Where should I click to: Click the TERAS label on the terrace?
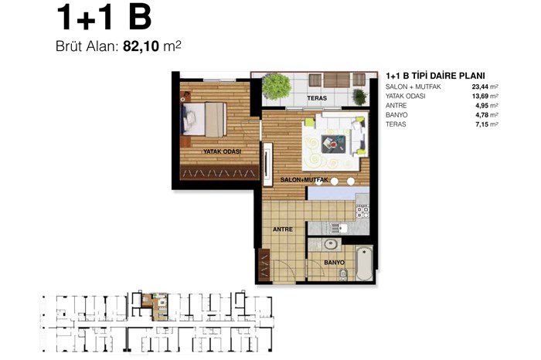317,98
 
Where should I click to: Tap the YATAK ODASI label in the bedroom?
222,151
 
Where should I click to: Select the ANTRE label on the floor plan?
283,229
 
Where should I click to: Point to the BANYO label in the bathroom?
334,263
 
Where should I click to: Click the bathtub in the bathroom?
364,263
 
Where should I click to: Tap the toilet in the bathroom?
342,274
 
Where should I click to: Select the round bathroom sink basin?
331,244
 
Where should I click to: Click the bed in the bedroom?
204,119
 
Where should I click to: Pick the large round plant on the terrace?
276,87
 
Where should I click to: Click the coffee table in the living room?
333,143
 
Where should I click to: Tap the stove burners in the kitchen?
362,212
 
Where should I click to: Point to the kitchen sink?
339,228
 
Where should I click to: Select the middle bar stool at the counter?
335,181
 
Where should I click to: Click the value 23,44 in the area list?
480,87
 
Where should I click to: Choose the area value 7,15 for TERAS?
481,124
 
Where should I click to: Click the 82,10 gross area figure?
141,46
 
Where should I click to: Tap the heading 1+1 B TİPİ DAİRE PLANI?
435,76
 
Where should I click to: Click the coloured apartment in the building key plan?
155,305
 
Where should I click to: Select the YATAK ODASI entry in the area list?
406,96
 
